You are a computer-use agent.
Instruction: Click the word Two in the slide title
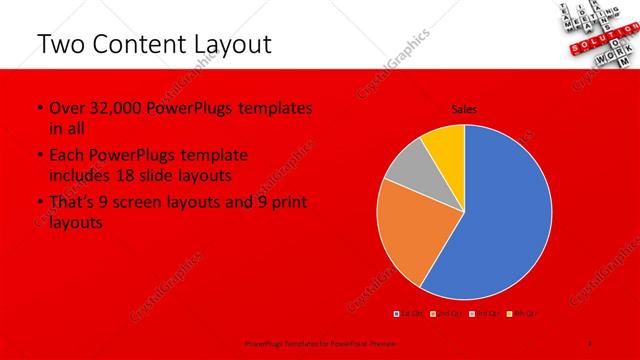tap(59, 44)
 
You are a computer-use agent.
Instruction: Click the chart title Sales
tap(463, 109)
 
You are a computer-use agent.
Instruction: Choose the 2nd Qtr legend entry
tap(446, 314)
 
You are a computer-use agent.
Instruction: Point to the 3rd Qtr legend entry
tap(482, 314)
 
